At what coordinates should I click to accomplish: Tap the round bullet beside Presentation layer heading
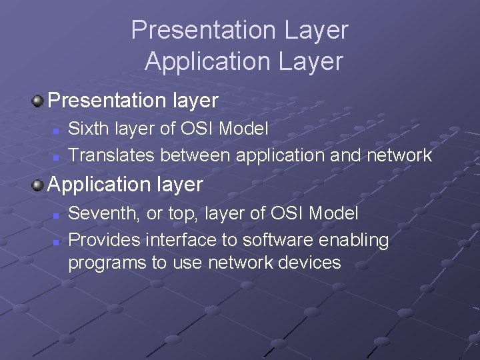(39, 101)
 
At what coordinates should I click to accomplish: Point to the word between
(195, 156)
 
